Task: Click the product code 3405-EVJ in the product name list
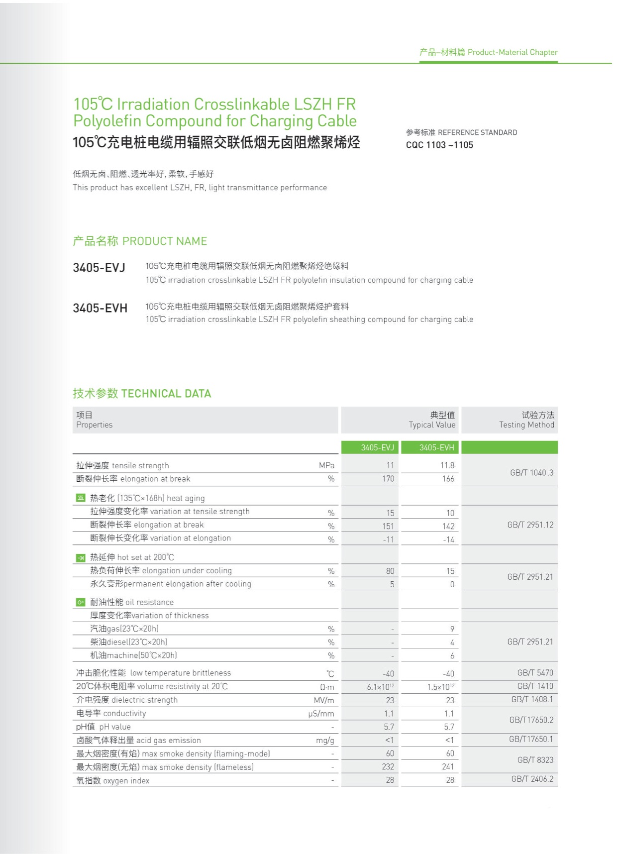(x=99, y=268)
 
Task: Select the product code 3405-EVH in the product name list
(x=100, y=308)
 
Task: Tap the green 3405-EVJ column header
(x=377, y=447)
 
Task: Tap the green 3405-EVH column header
(x=436, y=447)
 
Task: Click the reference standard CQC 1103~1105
(x=439, y=145)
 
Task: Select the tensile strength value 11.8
(x=447, y=465)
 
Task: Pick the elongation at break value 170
(x=388, y=479)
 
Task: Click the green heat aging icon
(x=81, y=498)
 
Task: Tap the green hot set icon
(x=81, y=557)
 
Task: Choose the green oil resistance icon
(x=81, y=602)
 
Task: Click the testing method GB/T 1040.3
(x=531, y=472)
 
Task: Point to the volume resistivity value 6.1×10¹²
(x=380, y=687)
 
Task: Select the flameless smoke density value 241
(x=448, y=767)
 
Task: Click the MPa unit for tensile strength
(x=326, y=465)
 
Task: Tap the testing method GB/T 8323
(x=535, y=760)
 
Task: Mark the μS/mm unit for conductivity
(x=321, y=714)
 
